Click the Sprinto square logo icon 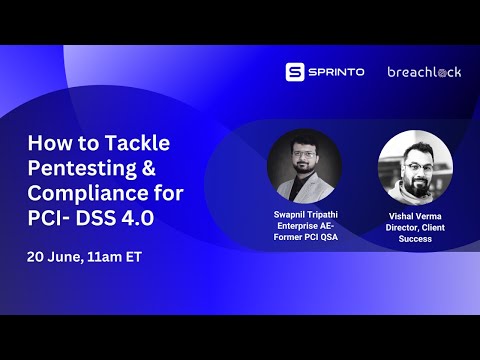[x=294, y=72]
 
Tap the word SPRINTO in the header [x=335, y=72]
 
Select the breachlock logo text [x=424, y=72]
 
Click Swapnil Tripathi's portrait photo [x=304, y=166]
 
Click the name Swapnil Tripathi [x=305, y=215]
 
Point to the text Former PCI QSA [x=305, y=239]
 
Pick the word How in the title [x=46, y=142]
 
